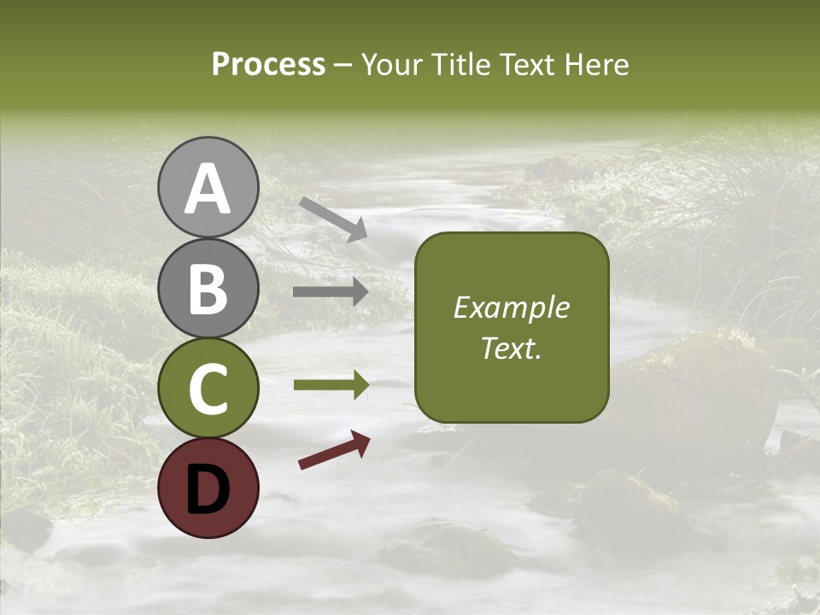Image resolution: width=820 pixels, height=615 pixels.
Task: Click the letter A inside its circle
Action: (x=208, y=190)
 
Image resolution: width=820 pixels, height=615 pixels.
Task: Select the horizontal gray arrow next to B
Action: (x=331, y=292)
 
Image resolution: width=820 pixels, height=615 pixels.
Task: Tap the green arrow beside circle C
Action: (x=331, y=385)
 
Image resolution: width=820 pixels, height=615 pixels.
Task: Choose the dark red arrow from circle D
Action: (x=334, y=450)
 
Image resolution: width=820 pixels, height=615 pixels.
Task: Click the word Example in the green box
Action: (x=512, y=307)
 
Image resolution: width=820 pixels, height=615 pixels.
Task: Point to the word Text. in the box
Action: (x=512, y=348)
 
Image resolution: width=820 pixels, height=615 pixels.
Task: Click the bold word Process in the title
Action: (x=268, y=65)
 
